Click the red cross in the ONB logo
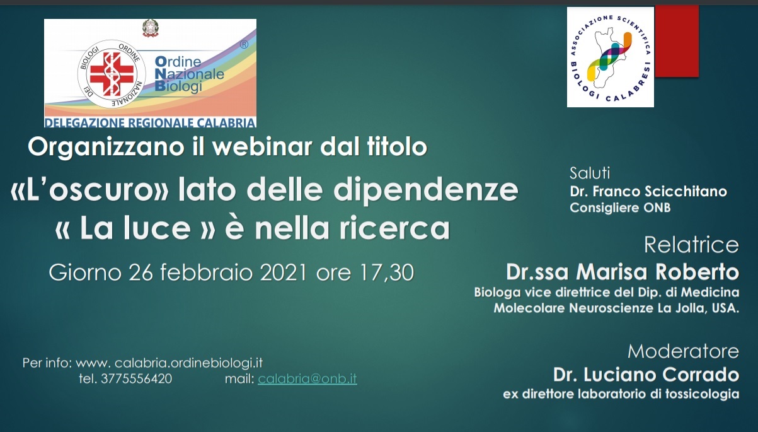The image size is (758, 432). pyautogui.click(x=112, y=74)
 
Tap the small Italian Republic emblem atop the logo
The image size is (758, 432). pyautogui.click(x=150, y=28)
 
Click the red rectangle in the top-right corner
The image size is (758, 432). pyautogui.click(x=677, y=41)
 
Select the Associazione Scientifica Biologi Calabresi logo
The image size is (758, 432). pyautogui.click(x=611, y=57)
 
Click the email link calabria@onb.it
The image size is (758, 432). pyautogui.click(x=307, y=378)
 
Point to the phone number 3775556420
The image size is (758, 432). pyautogui.click(x=136, y=378)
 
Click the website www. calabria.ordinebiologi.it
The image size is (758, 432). pyautogui.click(x=169, y=363)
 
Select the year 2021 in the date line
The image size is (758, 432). pyautogui.click(x=284, y=272)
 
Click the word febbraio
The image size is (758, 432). pyautogui.click(x=206, y=272)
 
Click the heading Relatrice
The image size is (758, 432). pyautogui.click(x=691, y=245)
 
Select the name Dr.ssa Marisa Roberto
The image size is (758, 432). pyautogui.click(x=623, y=272)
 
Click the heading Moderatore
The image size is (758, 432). pyautogui.click(x=683, y=351)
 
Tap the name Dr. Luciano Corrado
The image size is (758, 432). pyautogui.click(x=646, y=375)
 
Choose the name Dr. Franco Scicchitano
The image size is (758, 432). pyautogui.click(x=648, y=192)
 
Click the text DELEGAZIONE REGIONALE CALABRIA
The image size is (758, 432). pyautogui.click(x=150, y=122)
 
